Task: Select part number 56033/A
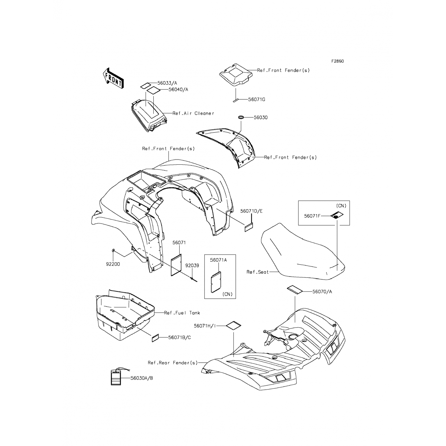coord(167,83)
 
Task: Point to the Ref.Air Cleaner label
coord(193,113)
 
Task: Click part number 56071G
coord(257,100)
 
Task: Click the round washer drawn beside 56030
coord(241,117)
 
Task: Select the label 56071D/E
coord(251,211)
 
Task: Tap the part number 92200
coord(113,264)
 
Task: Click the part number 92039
coord(192,266)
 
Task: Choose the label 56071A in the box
coord(218,260)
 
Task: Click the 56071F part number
coord(312,216)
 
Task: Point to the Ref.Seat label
coord(257,272)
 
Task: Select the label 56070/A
coord(322,292)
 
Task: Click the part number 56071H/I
coord(205,326)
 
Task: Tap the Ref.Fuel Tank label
coord(182,313)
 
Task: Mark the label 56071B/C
coord(180,337)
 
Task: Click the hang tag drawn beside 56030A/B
coord(116,377)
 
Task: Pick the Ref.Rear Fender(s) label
coord(172,363)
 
